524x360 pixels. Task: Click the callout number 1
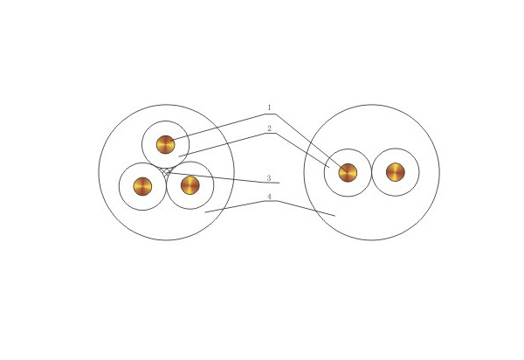click(x=269, y=107)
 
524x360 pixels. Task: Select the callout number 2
click(x=269, y=128)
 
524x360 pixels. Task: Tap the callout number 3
click(x=269, y=178)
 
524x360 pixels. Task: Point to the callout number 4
click(x=269, y=197)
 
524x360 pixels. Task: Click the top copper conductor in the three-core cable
click(x=166, y=145)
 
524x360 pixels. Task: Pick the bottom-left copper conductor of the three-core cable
click(x=142, y=186)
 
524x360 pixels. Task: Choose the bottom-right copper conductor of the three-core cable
click(x=190, y=185)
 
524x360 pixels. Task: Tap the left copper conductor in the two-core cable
click(x=348, y=173)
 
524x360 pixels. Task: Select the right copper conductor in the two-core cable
click(x=396, y=172)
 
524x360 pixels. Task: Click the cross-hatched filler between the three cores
click(x=167, y=172)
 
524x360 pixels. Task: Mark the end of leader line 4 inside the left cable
click(x=205, y=212)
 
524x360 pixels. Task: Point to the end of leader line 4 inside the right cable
click(x=334, y=216)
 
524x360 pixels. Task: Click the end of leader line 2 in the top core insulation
click(x=179, y=156)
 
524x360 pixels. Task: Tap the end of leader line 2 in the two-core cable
click(x=329, y=167)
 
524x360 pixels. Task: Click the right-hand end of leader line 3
click(x=279, y=183)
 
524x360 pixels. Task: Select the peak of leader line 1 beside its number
click(x=275, y=114)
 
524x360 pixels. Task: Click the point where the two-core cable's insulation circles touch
click(x=372, y=172)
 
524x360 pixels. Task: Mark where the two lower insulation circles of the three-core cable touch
click(x=167, y=186)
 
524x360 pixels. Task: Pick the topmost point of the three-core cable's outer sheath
click(x=167, y=105)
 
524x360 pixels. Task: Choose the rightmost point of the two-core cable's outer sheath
click(x=439, y=172)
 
